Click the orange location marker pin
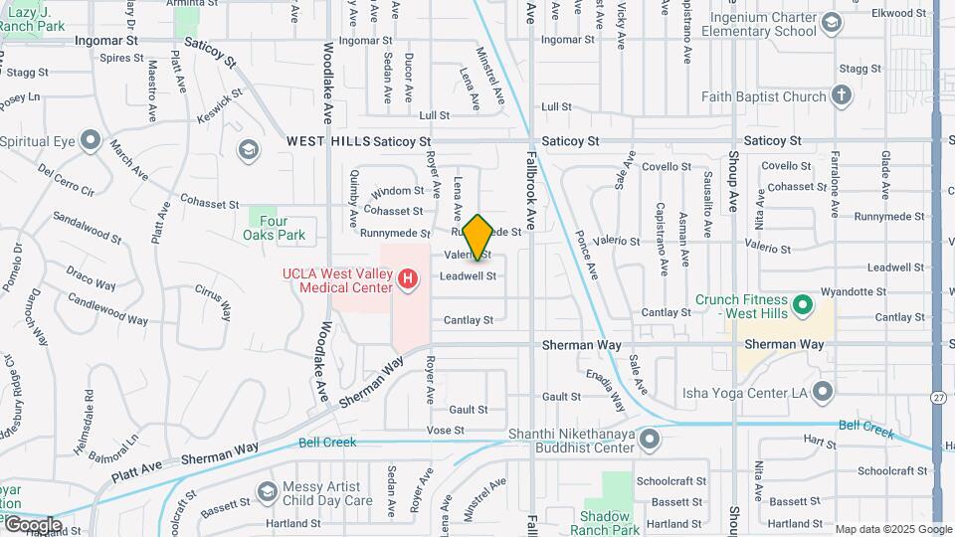click(477, 237)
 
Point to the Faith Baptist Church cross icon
click(842, 96)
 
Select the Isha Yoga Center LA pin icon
click(822, 392)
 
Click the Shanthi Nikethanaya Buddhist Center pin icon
click(650, 438)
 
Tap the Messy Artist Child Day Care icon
click(267, 491)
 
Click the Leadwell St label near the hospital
click(468, 275)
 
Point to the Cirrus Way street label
click(214, 294)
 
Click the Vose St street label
click(446, 431)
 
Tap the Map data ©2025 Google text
click(891, 529)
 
